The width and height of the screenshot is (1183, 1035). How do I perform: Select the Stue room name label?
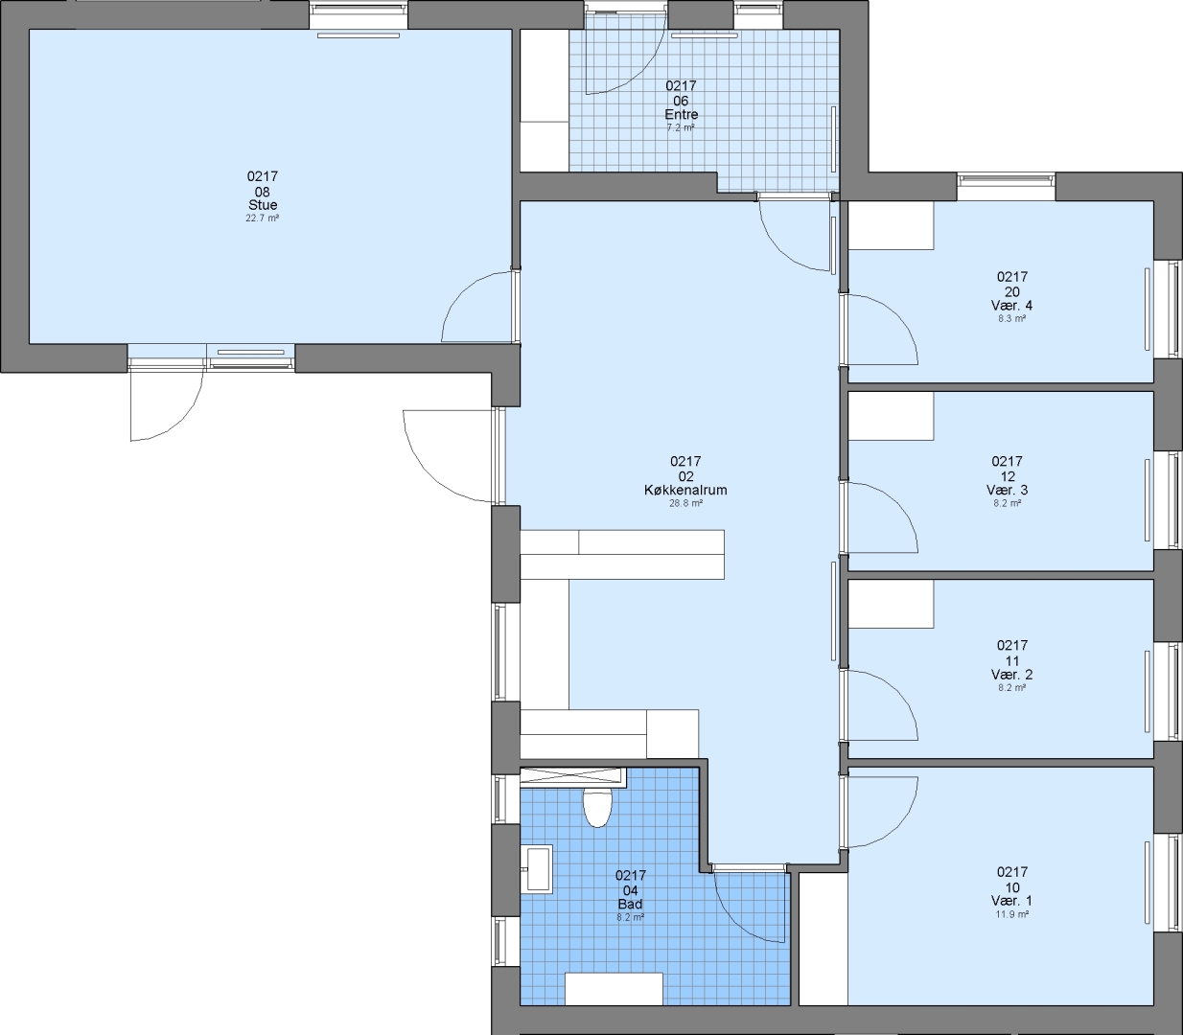point(263,205)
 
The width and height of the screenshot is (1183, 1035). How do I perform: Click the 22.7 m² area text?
point(263,218)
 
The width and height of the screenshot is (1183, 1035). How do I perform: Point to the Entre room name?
point(681,114)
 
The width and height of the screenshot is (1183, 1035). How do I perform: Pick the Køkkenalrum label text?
point(685,490)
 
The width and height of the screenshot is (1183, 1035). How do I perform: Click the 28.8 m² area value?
point(685,503)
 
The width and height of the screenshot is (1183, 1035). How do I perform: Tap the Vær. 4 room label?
point(1011,305)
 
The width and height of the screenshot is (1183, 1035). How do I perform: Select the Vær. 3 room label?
point(1008,490)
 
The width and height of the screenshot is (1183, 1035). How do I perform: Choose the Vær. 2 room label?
point(1011,675)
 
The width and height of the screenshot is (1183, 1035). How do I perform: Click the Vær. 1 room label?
point(1011,901)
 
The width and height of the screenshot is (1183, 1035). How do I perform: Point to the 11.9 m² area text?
point(1011,914)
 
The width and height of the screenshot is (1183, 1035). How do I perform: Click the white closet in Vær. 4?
point(891,225)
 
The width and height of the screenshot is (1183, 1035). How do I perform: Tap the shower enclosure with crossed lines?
point(573,776)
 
